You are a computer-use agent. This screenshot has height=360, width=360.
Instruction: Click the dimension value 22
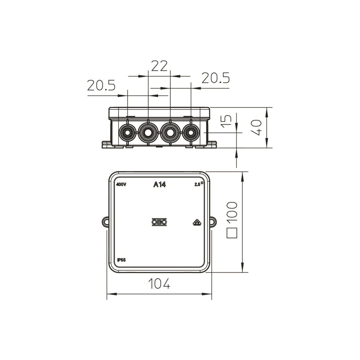pos(159,66)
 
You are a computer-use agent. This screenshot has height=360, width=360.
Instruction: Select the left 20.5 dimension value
pos(101,85)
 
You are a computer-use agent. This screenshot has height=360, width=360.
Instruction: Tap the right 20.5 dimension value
pos(216,78)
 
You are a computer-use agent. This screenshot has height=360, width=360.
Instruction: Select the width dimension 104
pos(159,283)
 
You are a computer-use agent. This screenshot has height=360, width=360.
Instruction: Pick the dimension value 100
pos(231,211)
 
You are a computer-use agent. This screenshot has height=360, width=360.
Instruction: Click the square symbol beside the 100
pos(231,233)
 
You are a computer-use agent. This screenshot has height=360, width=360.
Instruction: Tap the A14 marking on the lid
pos(159,184)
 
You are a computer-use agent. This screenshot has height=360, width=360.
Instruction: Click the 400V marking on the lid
pos(121,185)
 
